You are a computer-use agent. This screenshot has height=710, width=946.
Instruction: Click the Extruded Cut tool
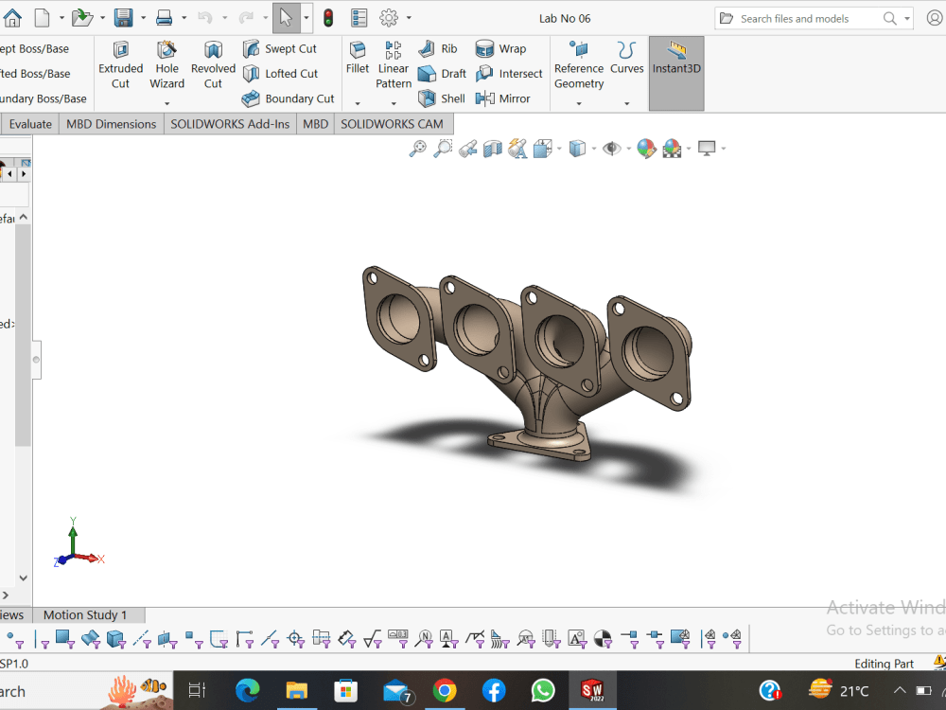[x=120, y=64]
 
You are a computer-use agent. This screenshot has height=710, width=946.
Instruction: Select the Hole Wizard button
[x=166, y=64]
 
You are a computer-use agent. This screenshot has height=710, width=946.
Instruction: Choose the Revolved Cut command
[x=213, y=64]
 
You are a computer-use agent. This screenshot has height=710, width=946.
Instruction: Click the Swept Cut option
[x=280, y=49]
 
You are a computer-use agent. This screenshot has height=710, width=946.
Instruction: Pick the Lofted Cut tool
[x=280, y=74]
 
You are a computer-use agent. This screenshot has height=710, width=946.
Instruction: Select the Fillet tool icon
[x=358, y=57]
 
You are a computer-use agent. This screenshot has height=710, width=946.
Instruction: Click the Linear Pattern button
[x=394, y=64]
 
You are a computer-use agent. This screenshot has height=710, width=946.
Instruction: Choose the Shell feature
[x=442, y=98]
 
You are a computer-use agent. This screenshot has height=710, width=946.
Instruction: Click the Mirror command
[x=503, y=98]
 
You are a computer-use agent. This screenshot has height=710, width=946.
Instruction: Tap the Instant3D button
[x=676, y=59]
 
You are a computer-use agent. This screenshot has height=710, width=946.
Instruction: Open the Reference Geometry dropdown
[x=579, y=103]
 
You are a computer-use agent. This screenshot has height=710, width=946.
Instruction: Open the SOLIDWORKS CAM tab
[x=392, y=124]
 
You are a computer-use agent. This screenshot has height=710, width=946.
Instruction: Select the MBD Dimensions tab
[x=111, y=124]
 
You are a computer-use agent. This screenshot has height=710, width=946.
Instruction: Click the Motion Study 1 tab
[x=84, y=615]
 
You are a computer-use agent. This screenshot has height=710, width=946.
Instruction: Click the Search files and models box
[x=809, y=18]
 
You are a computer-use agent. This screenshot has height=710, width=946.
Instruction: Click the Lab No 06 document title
[x=565, y=18]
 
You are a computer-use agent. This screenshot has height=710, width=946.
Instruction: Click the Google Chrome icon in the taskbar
[x=445, y=690]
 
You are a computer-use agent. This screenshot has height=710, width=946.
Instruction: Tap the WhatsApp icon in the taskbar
[x=543, y=690]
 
